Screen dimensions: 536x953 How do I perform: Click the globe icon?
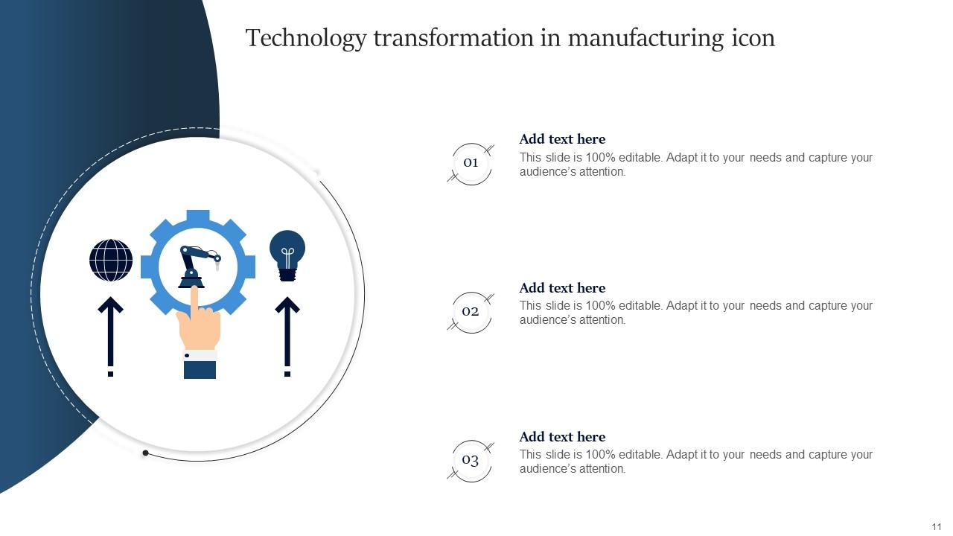pos(111,261)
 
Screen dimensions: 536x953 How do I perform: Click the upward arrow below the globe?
pos(111,335)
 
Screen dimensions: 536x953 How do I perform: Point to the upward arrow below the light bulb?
pos(287,335)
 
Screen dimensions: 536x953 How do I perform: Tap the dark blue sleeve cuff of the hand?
pos(200,368)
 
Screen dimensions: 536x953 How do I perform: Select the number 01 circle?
pos(471,163)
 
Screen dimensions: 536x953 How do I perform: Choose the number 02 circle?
pos(471,312)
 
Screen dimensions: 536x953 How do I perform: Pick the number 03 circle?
pos(471,461)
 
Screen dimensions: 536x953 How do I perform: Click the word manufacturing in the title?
pos(646,38)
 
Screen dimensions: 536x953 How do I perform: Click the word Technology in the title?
pos(305,38)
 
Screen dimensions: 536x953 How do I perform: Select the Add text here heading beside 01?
pos(562,139)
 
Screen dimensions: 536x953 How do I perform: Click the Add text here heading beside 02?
pos(562,288)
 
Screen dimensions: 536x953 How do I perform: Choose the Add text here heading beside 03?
pos(562,437)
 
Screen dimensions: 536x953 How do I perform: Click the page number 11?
pos(937,526)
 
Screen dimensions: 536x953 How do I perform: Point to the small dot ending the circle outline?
pos(146,453)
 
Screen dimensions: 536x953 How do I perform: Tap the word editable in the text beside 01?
pos(640,158)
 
